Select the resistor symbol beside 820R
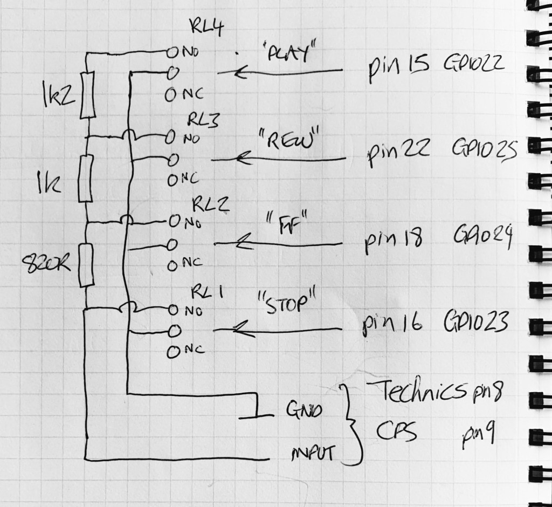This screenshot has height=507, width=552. click(x=86, y=265)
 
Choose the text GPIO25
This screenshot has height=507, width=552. click(x=485, y=148)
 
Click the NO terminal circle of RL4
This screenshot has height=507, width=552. click(x=171, y=52)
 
